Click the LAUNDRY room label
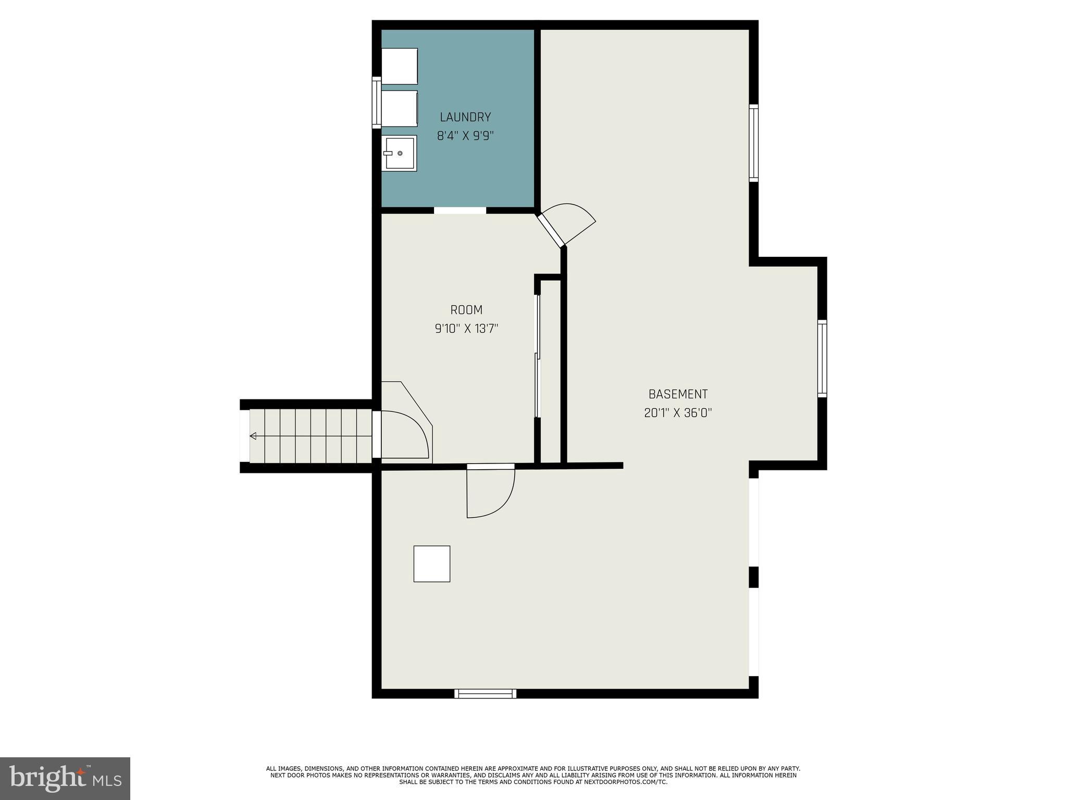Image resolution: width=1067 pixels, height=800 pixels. (465, 117)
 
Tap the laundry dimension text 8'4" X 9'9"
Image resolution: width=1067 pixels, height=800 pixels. (465, 136)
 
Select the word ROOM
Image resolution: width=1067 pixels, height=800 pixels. (466, 310)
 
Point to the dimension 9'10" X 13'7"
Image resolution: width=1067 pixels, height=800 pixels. (466, 329)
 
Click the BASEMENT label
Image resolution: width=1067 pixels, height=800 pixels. (678, 394)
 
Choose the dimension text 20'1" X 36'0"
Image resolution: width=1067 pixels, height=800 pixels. (678, 413)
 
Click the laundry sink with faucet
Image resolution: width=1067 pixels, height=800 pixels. (400, 153)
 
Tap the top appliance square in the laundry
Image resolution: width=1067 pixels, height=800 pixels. (400, 66)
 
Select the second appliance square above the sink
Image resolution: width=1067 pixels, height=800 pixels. (400, 108)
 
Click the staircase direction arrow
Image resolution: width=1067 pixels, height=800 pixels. (253, 436)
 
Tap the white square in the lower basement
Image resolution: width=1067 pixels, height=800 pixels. (431, 564)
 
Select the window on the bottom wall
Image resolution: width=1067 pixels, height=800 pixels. (485, 693)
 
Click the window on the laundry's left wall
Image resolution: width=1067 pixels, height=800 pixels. (376, 102)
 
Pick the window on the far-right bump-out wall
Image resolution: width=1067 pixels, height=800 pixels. (822, 358)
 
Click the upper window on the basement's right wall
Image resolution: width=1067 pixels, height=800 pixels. (753, 143)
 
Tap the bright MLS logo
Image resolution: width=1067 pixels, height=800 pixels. (65, 778)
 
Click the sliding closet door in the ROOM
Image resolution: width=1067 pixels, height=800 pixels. (538, 357)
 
